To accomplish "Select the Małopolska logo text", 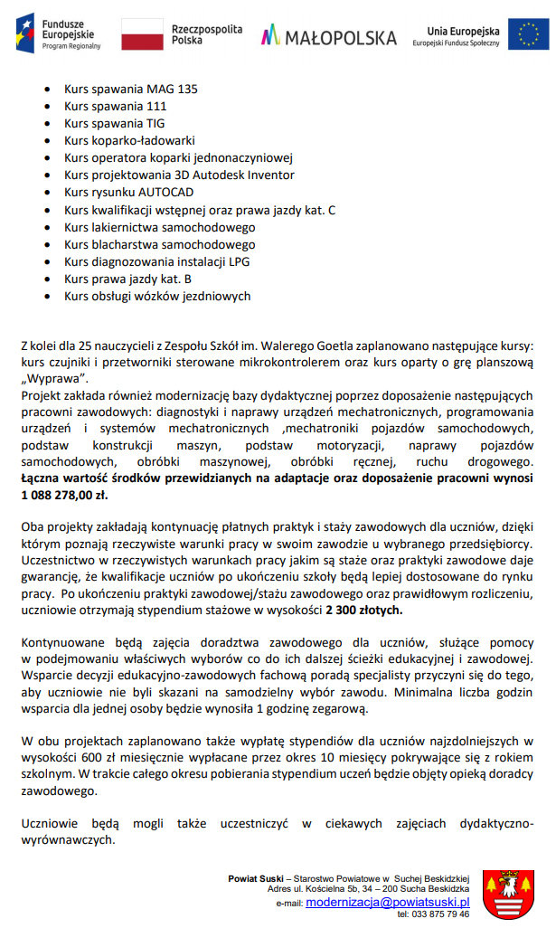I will [329, 37].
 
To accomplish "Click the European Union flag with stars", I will [528, 34].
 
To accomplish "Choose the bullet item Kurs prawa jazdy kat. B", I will [127, 279].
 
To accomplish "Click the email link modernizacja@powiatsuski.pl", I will [388, 902].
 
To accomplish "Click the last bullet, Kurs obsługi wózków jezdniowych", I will [157, 296].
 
